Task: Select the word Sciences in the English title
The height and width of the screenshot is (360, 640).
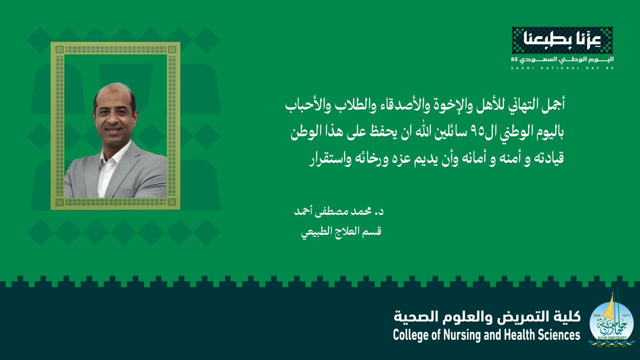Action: pyautogui.click(x=557, y=335)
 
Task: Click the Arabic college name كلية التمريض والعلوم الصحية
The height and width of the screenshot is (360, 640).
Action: pyautogui.click(x=486, y=318)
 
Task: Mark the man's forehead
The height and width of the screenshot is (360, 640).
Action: pyautogui.click(x=114, y=96)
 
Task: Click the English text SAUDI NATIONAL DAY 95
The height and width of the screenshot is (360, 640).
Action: pyautogui.click(x=562, y=68)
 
